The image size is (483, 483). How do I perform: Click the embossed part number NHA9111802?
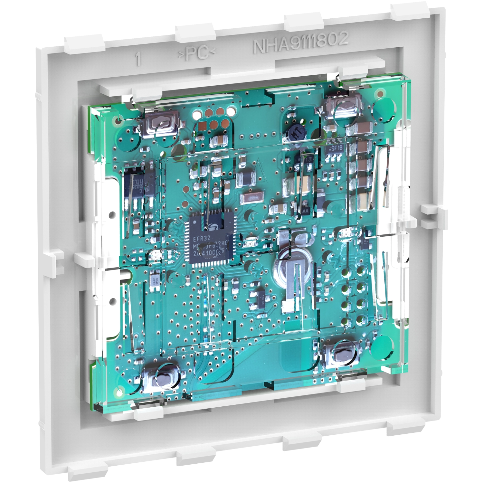[x=301, y=43]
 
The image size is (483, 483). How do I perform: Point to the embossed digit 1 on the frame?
[x=138, y=60]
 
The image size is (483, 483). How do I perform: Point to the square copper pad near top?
[x=204, y=125]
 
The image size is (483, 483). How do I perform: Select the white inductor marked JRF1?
[x=154, y=280]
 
